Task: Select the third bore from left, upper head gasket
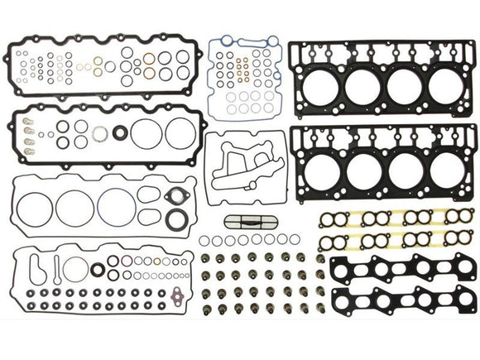(x=405, y=84)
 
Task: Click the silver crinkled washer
(x=99, y=134)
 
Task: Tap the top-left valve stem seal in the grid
(x=205, y=259)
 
